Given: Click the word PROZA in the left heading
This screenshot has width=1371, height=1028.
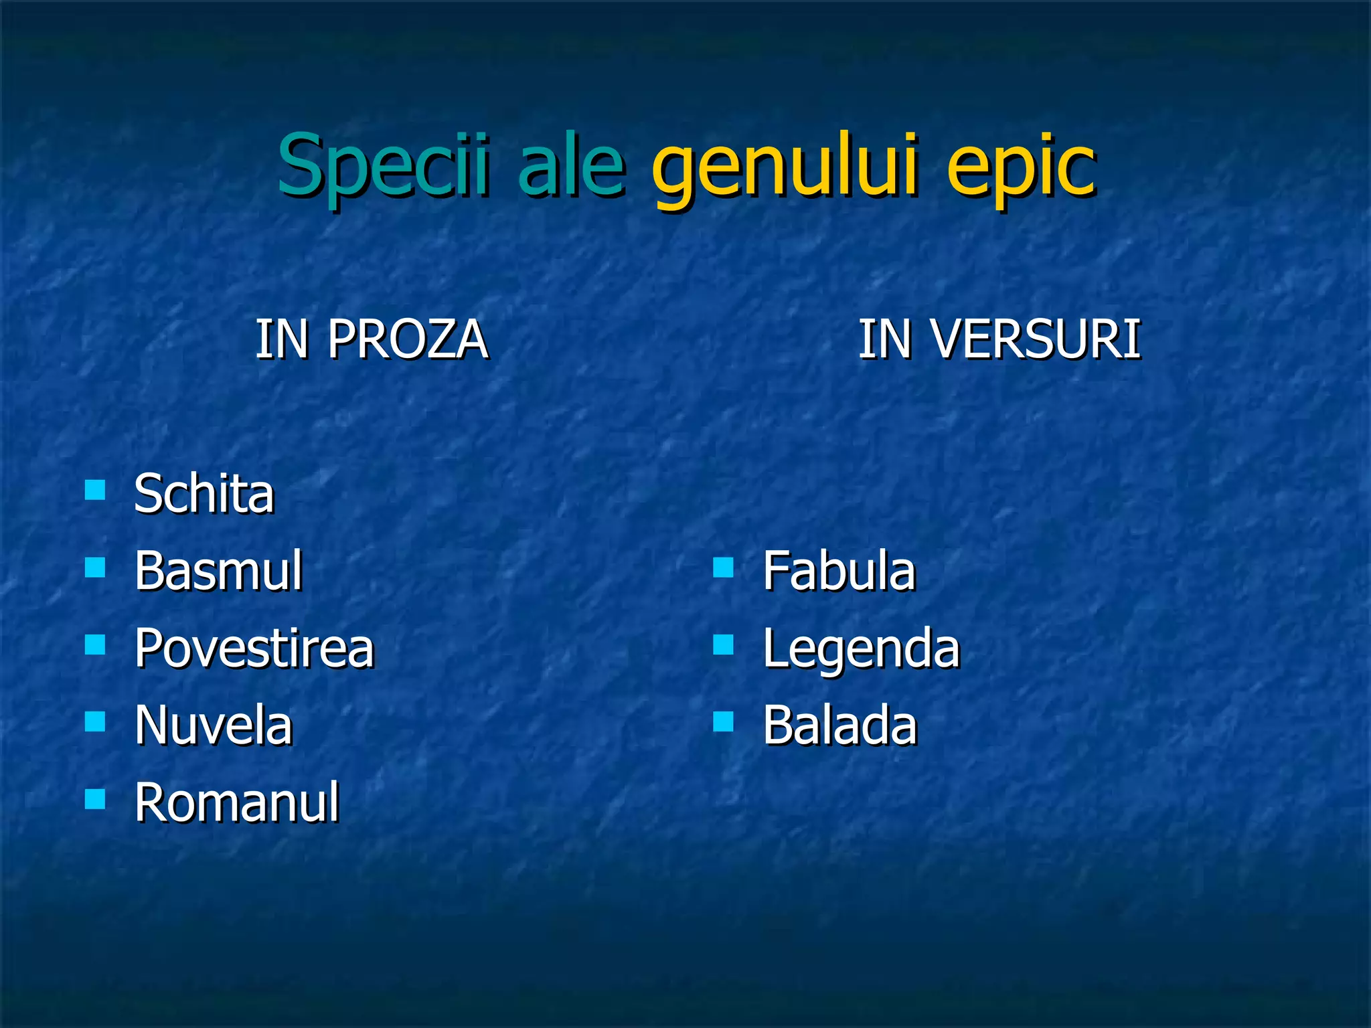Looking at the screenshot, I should coord(407,340).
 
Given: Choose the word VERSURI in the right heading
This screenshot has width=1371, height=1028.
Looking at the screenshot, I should coord(1036,340).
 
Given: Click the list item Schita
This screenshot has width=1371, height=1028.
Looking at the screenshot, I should coord(204,494).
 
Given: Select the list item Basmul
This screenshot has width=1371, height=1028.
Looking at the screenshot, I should coord(218,571).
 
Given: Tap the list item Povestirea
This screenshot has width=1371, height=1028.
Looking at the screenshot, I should coord(254,649).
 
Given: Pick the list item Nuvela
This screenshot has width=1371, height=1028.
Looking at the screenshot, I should coord(214,725).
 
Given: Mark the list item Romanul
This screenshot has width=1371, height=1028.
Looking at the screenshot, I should coord(236,802).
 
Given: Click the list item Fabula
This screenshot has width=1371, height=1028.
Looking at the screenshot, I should coord(838,571).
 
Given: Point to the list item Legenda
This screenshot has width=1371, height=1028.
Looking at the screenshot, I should coord(861,649).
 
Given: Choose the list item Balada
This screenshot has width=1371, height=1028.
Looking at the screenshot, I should coord(839,725).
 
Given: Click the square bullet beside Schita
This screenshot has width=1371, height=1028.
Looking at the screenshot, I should coord(95,490).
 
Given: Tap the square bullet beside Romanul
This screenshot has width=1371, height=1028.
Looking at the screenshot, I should coord(95,798).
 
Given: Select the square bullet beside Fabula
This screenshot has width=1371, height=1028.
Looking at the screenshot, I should coord(723,568).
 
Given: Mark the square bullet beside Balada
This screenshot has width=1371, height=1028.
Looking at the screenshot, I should coord(723,721).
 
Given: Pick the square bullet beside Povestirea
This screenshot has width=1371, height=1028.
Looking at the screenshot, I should coord(95,645).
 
